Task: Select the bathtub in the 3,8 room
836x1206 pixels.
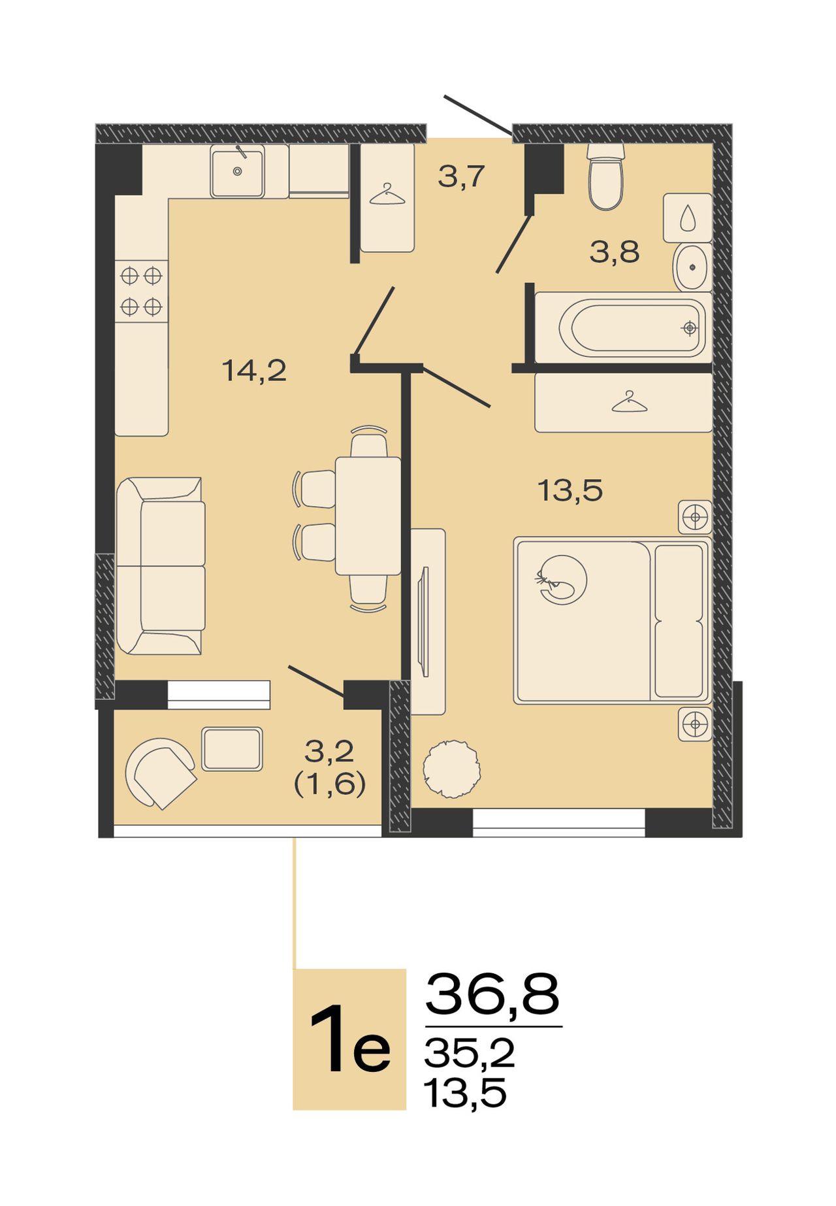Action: [624, 327]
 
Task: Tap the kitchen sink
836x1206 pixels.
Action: [237, 171]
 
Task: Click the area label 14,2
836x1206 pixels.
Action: [255, 371]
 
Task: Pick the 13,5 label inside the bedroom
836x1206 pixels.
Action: [570, 490]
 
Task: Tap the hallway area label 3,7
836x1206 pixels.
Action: [461, 176]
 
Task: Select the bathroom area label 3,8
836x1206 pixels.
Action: [614, 252]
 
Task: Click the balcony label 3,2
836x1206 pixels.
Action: [329, 752]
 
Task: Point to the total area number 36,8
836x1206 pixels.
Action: [492, 994]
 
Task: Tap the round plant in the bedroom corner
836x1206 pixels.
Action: [451, 769]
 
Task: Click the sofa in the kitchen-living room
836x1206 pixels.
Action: [161, 566]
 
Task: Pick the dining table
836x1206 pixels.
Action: [368, 516]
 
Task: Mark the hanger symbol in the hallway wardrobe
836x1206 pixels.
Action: [387, 195]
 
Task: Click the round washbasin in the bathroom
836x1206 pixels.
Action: [692, 267]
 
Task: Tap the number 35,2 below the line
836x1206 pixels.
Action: [469, 1053]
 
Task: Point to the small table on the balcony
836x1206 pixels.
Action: [232, 748]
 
